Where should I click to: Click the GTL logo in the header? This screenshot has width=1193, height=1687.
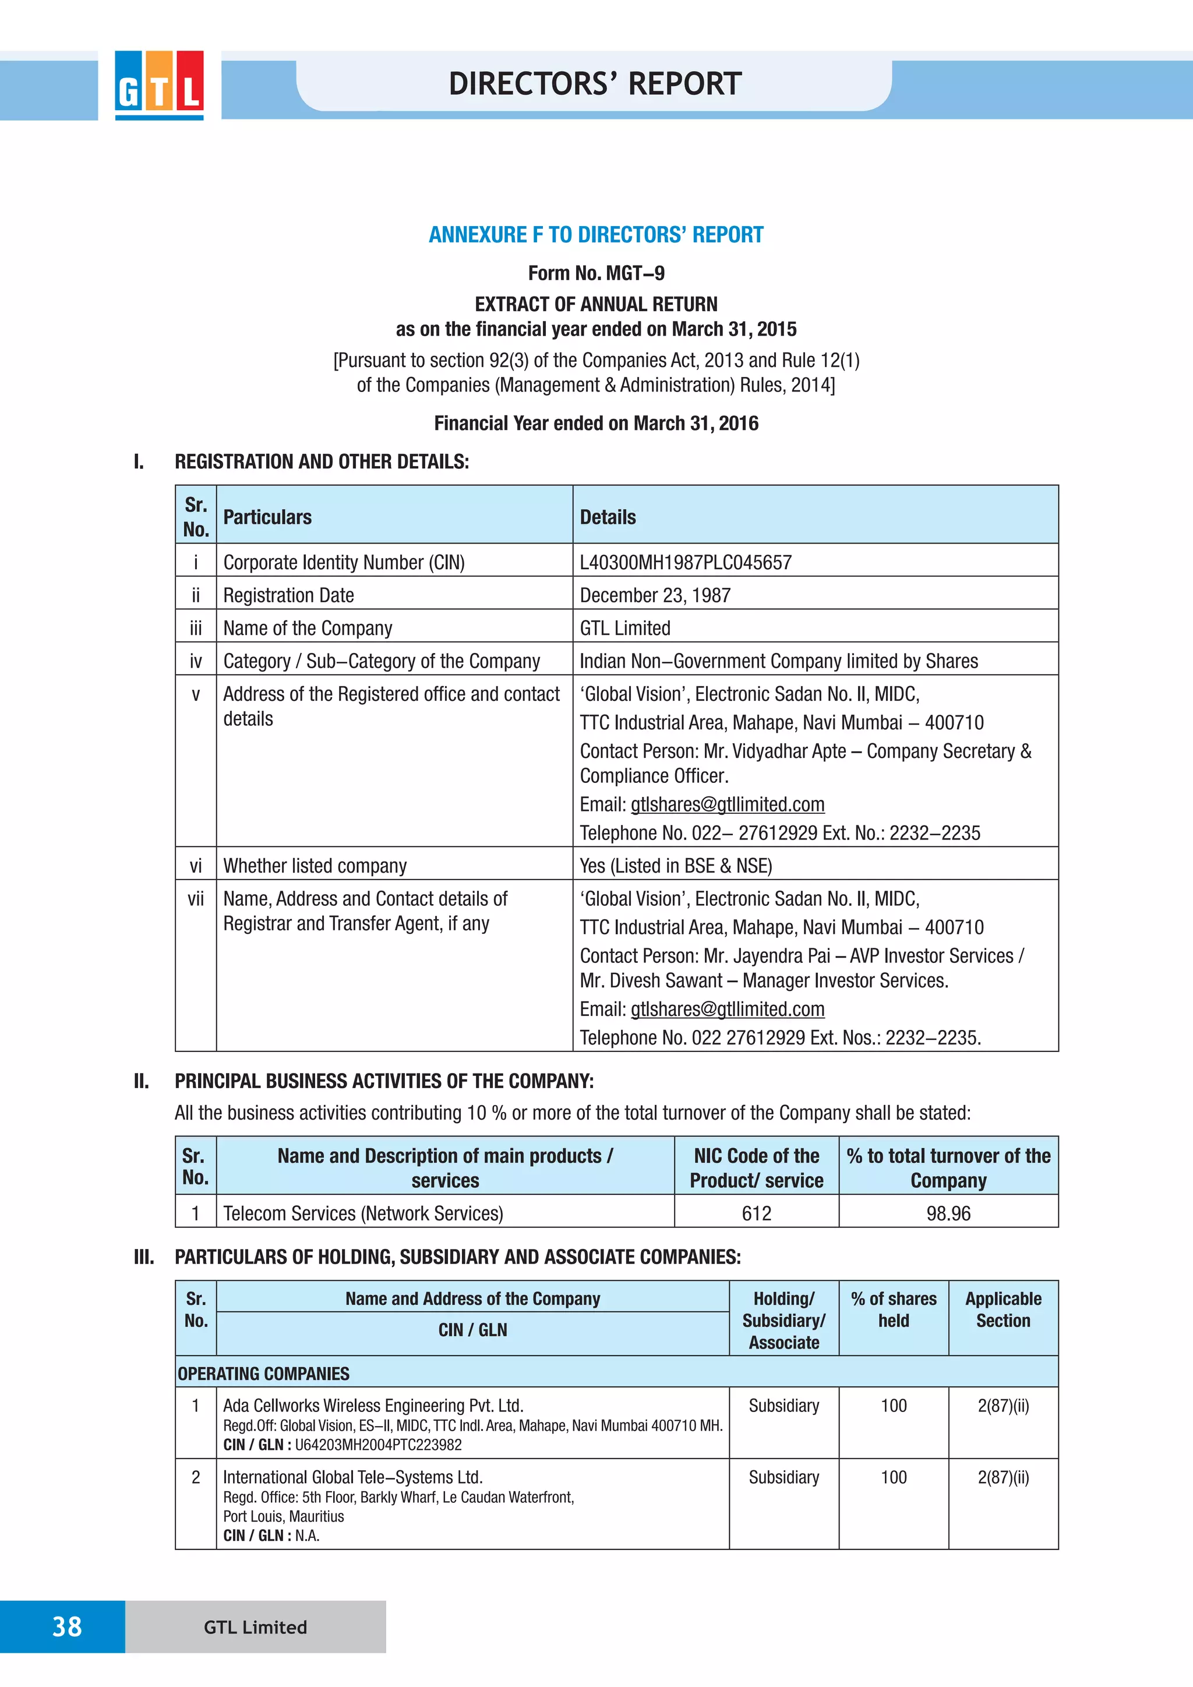(158, 84)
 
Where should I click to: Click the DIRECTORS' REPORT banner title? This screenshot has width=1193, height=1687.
(595, 84)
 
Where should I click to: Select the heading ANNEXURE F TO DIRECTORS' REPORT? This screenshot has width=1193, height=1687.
(596, 235)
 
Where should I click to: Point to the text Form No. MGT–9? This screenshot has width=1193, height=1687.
(596, 273)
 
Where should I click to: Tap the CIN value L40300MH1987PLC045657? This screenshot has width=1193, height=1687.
(686, 563)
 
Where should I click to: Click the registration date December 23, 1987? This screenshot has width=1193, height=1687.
(655, 595)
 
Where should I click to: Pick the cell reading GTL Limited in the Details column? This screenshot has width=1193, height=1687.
(625, 628)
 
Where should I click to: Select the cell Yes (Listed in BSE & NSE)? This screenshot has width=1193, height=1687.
(676, 866)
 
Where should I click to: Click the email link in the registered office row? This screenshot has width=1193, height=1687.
(727, 804)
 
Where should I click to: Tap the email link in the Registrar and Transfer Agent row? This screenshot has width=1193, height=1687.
(727, 1010)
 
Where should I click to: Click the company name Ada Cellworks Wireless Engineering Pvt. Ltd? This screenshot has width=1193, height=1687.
(373, 1406)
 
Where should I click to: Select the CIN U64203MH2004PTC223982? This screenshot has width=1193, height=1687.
(378, 1445)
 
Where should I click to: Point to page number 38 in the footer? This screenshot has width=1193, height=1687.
(67, 1627)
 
